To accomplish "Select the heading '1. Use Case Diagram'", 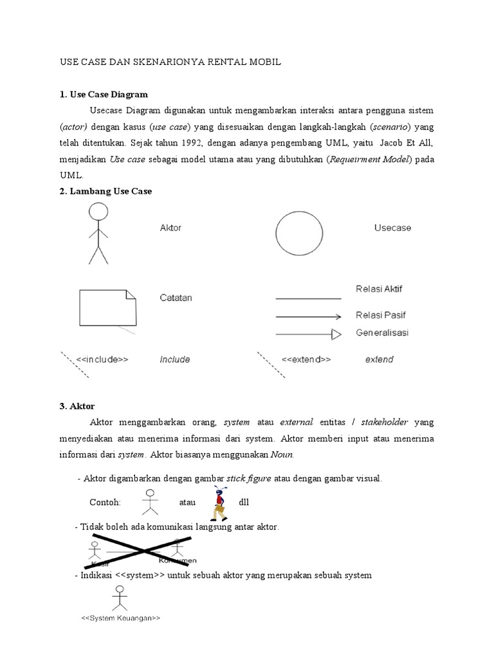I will point(104,95).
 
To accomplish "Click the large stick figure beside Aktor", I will point(98,233).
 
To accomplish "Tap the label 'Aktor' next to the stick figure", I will point(170,228).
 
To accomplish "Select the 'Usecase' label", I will point(392,228).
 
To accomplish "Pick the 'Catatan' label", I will point(176,298).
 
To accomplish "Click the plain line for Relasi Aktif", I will point(308,299).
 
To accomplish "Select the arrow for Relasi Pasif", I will point(308,317).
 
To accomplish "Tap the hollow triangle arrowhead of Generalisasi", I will point(336,334).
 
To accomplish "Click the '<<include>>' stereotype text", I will point(102,360).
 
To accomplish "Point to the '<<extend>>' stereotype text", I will point(306,360).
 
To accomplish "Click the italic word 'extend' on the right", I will point(379,360).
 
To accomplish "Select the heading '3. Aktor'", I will point(77,406).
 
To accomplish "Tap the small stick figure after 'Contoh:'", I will point(150,502).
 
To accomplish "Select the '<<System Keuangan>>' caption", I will point(120,618).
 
